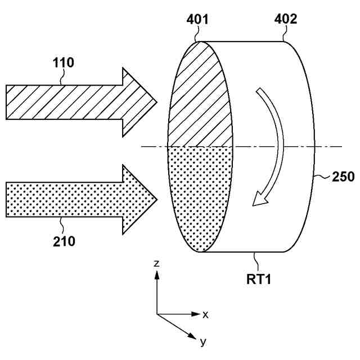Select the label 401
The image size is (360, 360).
click(x=197, y=20)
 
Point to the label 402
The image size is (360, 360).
click(x=286, y=20)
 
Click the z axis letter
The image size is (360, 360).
click(x=158, y=263)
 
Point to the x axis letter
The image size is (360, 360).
click(x=206, y=314)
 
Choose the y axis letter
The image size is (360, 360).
click(x=202, y=341)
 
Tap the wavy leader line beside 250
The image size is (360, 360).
click(x=322, y=177)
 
